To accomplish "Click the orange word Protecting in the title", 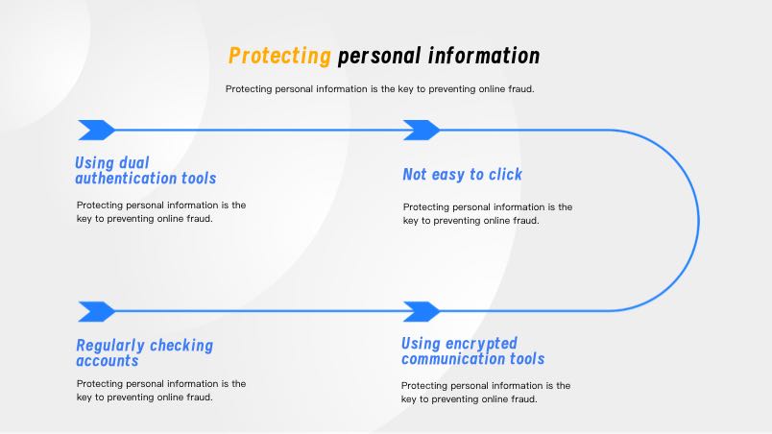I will (279, 56).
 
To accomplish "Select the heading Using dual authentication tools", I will (146, 170).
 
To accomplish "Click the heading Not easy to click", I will (463, 174).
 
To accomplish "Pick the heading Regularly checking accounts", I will (144, 352).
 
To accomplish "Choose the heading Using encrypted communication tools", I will (472, 350).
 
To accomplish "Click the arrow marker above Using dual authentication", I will (96, 130).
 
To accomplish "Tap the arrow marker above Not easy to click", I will (421, 130).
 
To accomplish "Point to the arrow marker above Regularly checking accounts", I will (96, 311).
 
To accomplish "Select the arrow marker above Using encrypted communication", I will (421, 311).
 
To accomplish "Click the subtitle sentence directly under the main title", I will (379, 88).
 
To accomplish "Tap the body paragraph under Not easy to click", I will (487, 213).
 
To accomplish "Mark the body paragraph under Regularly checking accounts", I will (161, 390).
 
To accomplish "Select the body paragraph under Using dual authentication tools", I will (161, 211).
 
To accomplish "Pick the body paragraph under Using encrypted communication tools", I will (485, 392).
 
